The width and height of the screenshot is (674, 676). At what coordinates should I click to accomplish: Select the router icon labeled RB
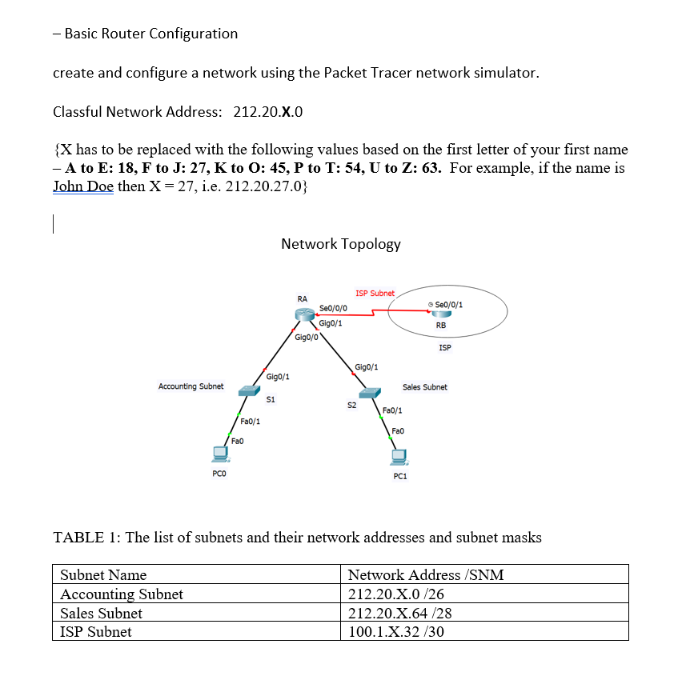point(440,314)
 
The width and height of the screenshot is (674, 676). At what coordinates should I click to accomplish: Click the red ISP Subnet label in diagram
point(375,294)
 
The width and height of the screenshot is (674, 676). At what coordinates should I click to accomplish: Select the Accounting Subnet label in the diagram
point(191,386)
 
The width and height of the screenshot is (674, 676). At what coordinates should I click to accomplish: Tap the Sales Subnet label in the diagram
point(424,387)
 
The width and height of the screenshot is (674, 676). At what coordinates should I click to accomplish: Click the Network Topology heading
point(341,244)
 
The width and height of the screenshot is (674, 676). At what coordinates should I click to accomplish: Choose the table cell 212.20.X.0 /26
point(387,594)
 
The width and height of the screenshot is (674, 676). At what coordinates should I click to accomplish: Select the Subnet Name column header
point(103,574)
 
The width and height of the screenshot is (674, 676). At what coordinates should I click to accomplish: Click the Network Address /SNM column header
point(426,574)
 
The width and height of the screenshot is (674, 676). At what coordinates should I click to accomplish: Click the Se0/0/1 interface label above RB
point(448,305)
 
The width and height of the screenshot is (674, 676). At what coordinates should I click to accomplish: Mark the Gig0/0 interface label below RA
point(307,338)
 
